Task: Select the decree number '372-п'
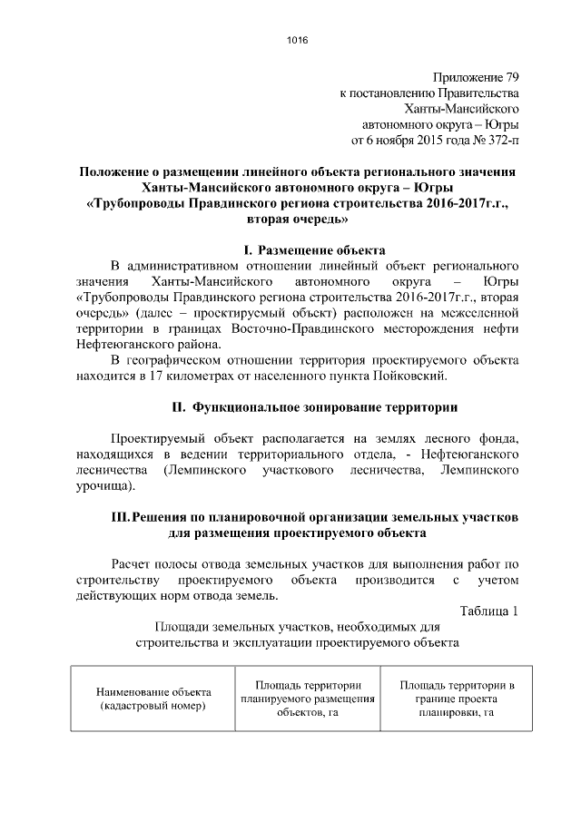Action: [503, 142]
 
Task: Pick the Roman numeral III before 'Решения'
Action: [119, 517]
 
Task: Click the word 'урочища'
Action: [103, 486]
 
